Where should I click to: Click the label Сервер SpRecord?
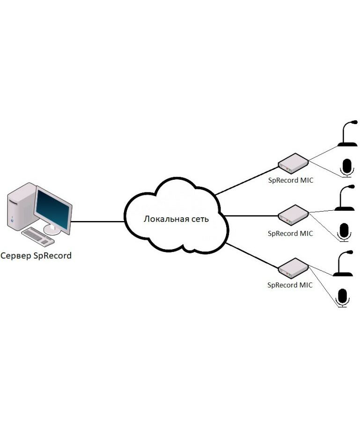[36, 256]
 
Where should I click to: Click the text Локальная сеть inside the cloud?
[176, 219]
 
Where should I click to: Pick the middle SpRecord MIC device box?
[293, 215]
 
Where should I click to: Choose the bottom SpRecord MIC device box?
[293, 267]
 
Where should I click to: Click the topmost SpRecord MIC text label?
[290, 179]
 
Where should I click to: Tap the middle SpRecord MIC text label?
[290, 233]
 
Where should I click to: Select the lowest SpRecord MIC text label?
[290, 284]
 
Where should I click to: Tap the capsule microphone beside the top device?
[346, 168]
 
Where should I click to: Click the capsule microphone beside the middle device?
[345, 231]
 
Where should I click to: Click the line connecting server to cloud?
[98, 221]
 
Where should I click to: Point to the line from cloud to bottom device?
[251, 255]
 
